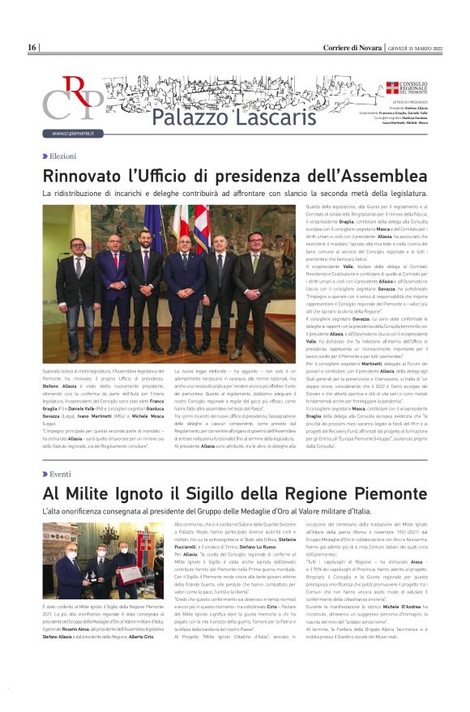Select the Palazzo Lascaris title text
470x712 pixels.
[222, 117]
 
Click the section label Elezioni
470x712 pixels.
[62, 156]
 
